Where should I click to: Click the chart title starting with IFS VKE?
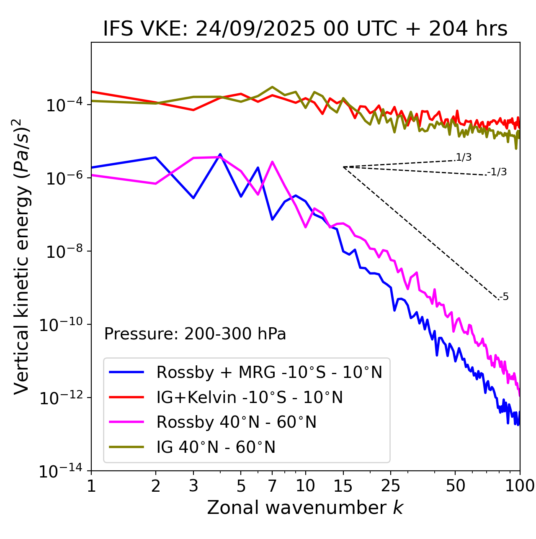click(305, 29)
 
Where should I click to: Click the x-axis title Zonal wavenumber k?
click(305, 507)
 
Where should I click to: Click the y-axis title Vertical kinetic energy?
click(22, 256)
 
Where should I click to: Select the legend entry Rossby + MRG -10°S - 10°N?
click(269, 372)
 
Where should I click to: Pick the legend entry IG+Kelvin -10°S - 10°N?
click(250, 397)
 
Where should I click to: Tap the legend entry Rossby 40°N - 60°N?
click(236, 422)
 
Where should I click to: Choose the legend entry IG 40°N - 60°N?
click(216, 447)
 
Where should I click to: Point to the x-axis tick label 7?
click(272, 486)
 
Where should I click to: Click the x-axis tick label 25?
click(391, 486)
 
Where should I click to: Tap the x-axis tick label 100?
click(520, 486)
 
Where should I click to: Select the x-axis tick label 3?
click(193, 486)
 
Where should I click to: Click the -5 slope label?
click(504, 297)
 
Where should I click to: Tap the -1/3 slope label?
click(497, 172)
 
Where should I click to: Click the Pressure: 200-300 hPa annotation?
click(195, 334)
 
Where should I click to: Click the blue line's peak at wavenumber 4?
click(220, 154)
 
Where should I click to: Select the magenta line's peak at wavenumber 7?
click(272, 162)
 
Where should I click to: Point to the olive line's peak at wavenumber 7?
click(272, 87)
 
